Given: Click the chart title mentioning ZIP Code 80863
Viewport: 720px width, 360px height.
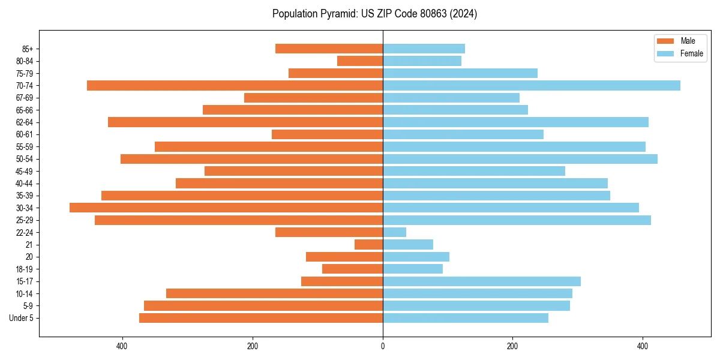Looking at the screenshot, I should coord(374,14).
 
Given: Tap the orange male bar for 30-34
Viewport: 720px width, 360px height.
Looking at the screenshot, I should coord(226,208).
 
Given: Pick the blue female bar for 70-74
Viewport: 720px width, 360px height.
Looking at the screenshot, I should coord(532,85).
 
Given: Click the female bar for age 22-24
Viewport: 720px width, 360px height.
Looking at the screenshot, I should coord(394,232).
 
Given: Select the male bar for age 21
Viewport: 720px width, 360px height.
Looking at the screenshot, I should coord(368,244).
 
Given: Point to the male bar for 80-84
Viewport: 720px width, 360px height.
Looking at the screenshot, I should coord(360,61).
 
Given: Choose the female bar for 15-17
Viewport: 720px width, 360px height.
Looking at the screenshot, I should coord(482,281).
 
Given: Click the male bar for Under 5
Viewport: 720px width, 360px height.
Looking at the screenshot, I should coord(261,318).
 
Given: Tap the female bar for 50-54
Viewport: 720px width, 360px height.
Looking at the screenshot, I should coord(520,159).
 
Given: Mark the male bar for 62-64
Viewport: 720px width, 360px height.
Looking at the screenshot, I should coord(245,122).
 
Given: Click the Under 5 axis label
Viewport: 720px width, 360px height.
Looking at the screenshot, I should coord(21,318).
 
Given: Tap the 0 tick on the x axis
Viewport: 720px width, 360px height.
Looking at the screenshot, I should coord(383,346).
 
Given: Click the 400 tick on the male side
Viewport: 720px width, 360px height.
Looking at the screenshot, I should coord(122,346).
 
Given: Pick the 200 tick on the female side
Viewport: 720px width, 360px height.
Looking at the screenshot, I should coord(512,346).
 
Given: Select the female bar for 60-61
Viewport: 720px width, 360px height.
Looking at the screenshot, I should coord(463,134).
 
